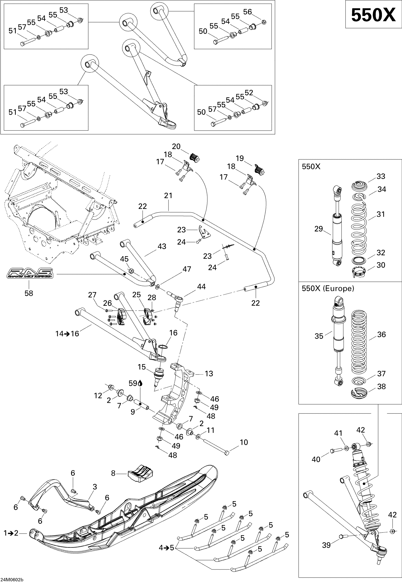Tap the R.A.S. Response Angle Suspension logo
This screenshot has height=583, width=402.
tap(30, 273)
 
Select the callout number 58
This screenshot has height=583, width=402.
tap(29, 293)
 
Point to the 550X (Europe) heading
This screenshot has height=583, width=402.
tap(328, 288)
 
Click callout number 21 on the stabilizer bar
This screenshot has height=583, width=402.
tap(168, 195)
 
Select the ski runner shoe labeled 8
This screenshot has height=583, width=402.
tap(140, 474)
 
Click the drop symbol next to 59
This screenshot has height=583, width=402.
tap(140, 383)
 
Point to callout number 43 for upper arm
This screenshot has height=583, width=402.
tap(162, 246)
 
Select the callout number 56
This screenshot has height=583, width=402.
tap(247, 12)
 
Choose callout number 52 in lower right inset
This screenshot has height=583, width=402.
tap(249, 93)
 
